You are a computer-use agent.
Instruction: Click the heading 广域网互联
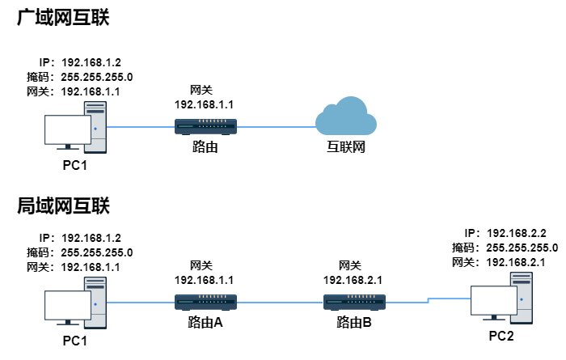63,17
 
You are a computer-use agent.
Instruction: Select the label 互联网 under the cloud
346,148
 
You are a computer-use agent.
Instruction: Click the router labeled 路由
205,126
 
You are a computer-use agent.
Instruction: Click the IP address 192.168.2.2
517,232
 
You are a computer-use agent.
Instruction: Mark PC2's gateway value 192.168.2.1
517,262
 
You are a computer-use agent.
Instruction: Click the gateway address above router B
354,280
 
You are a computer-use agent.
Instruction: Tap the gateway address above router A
205,280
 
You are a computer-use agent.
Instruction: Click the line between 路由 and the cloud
275,126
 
